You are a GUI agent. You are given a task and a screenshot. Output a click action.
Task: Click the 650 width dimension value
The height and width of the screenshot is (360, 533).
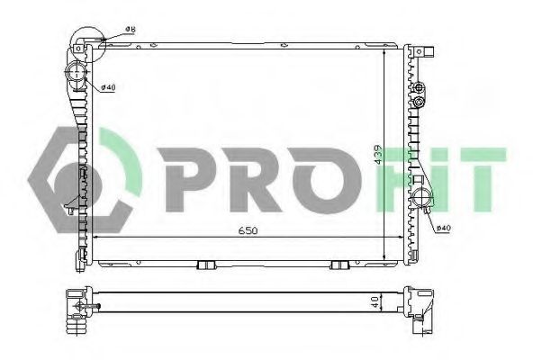[x=248, y=230]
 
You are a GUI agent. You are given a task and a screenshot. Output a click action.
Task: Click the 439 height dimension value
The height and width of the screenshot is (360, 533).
[x=379, y=155]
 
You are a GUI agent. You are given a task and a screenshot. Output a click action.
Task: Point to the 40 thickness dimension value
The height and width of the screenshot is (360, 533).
[x=375, y=301]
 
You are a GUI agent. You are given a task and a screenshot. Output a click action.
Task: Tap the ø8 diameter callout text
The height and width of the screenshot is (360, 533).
[x=131, y=29]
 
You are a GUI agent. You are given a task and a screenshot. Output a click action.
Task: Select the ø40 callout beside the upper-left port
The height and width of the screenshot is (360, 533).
[x=109, y=87]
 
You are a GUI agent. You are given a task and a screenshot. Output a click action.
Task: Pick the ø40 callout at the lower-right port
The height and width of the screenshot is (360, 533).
[x=443, y=228]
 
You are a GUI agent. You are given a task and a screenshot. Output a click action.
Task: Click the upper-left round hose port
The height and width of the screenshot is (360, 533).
[x=77, y=73]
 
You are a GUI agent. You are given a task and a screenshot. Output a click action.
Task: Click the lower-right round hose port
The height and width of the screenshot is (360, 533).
[x=422, y=197]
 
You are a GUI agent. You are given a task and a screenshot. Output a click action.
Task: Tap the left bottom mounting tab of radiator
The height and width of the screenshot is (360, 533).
[x=206, y=265]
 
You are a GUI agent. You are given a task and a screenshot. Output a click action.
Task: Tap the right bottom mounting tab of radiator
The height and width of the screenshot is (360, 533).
[x=339, y=265]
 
